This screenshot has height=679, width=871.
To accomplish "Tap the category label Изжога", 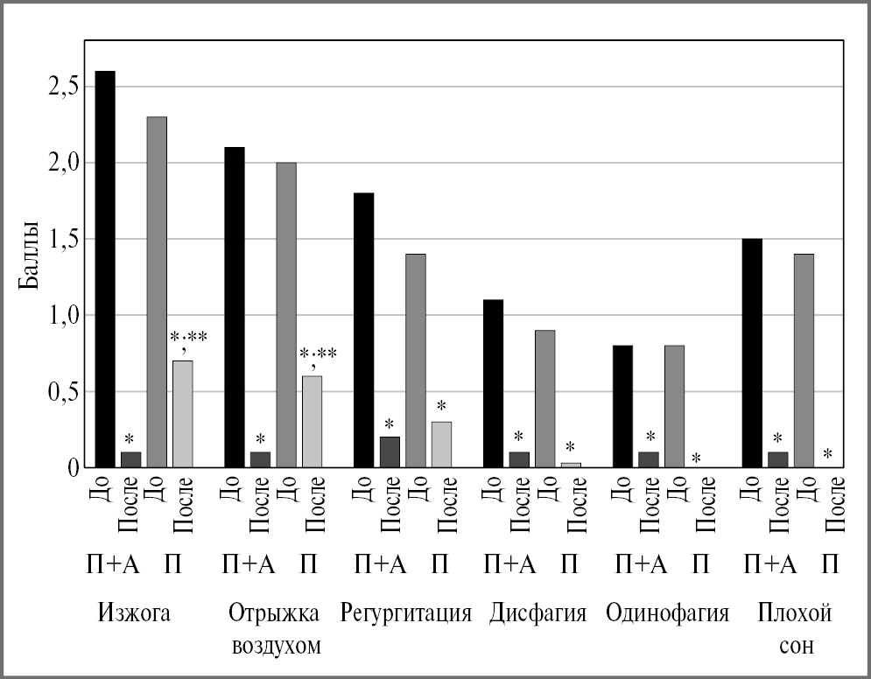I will (133, 613).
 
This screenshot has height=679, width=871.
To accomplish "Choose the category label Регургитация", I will (406, 613).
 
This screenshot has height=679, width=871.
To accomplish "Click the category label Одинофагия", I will (667, 613).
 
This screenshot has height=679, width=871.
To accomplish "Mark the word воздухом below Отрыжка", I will (276, 647).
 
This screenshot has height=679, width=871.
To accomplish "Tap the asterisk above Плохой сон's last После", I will (827, 454).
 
